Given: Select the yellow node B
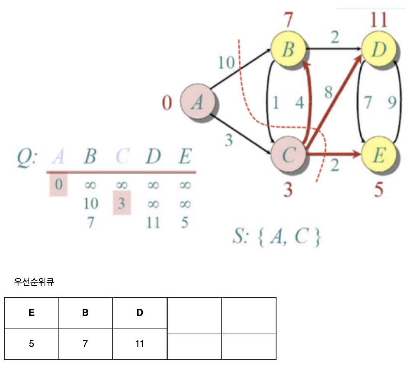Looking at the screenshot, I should coord(288,49).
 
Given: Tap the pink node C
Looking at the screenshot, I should coord(288,155).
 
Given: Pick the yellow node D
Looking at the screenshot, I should coord(379,49).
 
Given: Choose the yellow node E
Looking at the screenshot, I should coord(379,155).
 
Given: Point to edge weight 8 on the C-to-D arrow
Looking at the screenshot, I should coord(329,93).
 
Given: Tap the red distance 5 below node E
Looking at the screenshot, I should coord(379,190).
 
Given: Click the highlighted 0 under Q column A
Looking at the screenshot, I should coord(59,185).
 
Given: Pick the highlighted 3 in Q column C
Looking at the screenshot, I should coord(121,203).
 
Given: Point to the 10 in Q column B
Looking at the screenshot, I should coord(91,204).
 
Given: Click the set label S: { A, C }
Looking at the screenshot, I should coord(277,238).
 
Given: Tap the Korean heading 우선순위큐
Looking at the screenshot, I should coord(34,282).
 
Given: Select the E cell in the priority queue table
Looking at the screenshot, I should coord(31,313).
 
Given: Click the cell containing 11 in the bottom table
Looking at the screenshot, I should coord(140,344).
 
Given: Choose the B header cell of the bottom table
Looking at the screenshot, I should coord(85,313).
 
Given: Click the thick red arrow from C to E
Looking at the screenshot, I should coord(333,154).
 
